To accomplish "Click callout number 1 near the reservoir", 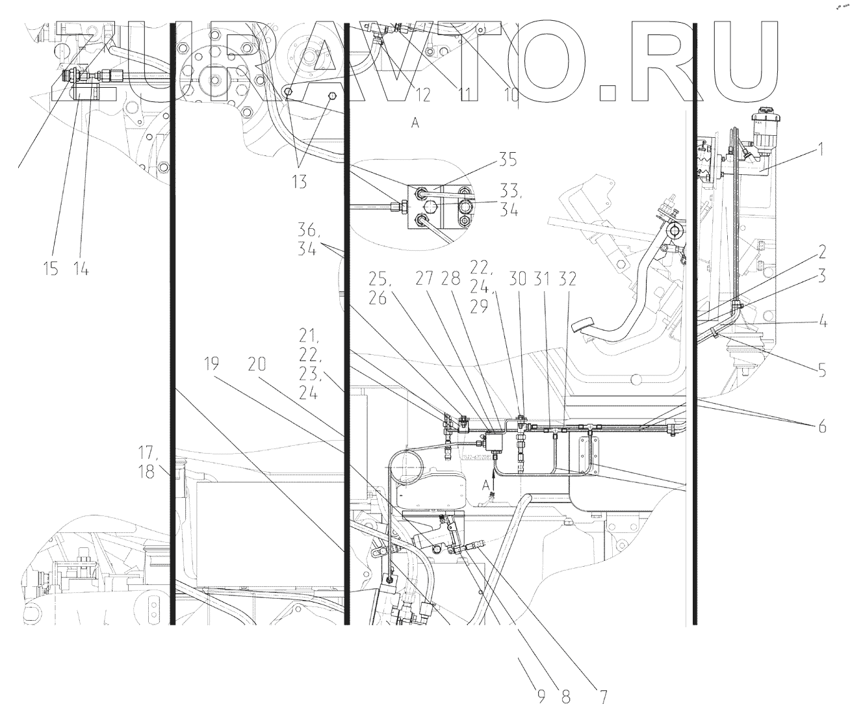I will pyautogui.click(x=821, y=150).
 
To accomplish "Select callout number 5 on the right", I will pyautogui.click(x=822, y=372).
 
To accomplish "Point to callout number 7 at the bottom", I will pyautogui.click(x=602, y=698).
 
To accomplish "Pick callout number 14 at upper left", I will pyautogui.click(x=81, y=268).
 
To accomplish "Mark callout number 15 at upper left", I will pyautogui.click(x=51, y=268).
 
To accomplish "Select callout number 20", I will pyautogui.click(x=256, y=365).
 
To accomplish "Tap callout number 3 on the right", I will pyautogui.click(x=821, y=277).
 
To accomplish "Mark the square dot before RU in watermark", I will pyautogui.click(x=613, y=91).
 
